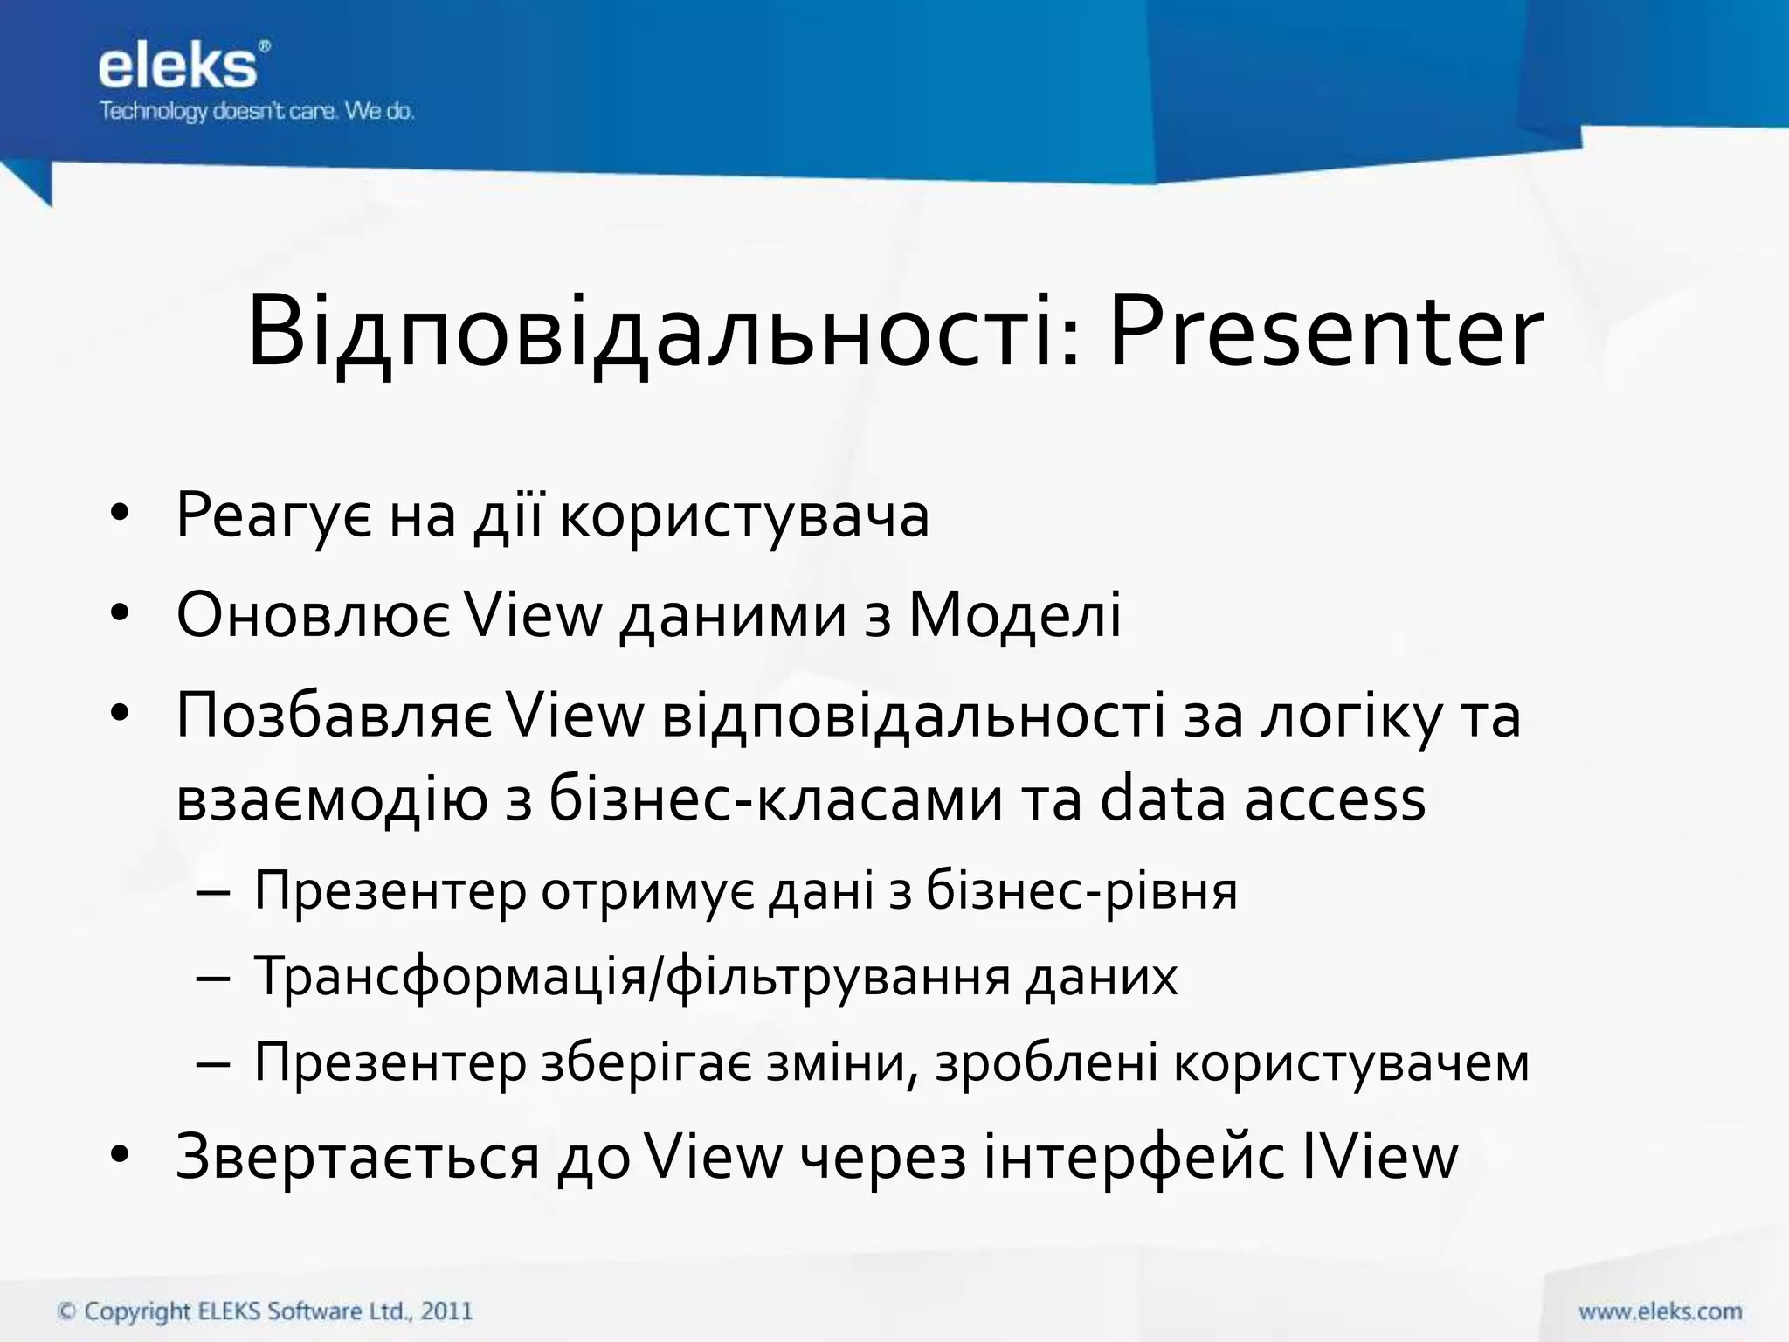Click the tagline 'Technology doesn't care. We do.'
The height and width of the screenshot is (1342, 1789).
pos(256,112)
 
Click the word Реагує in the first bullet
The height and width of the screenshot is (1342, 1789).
pos(274,515)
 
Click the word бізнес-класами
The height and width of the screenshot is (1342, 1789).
pos(776,799)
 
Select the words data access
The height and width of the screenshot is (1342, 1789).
pos(1262,799)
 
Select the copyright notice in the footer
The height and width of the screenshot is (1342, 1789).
pos(265,1311)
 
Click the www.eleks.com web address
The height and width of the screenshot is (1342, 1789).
pos(1660,1311)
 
